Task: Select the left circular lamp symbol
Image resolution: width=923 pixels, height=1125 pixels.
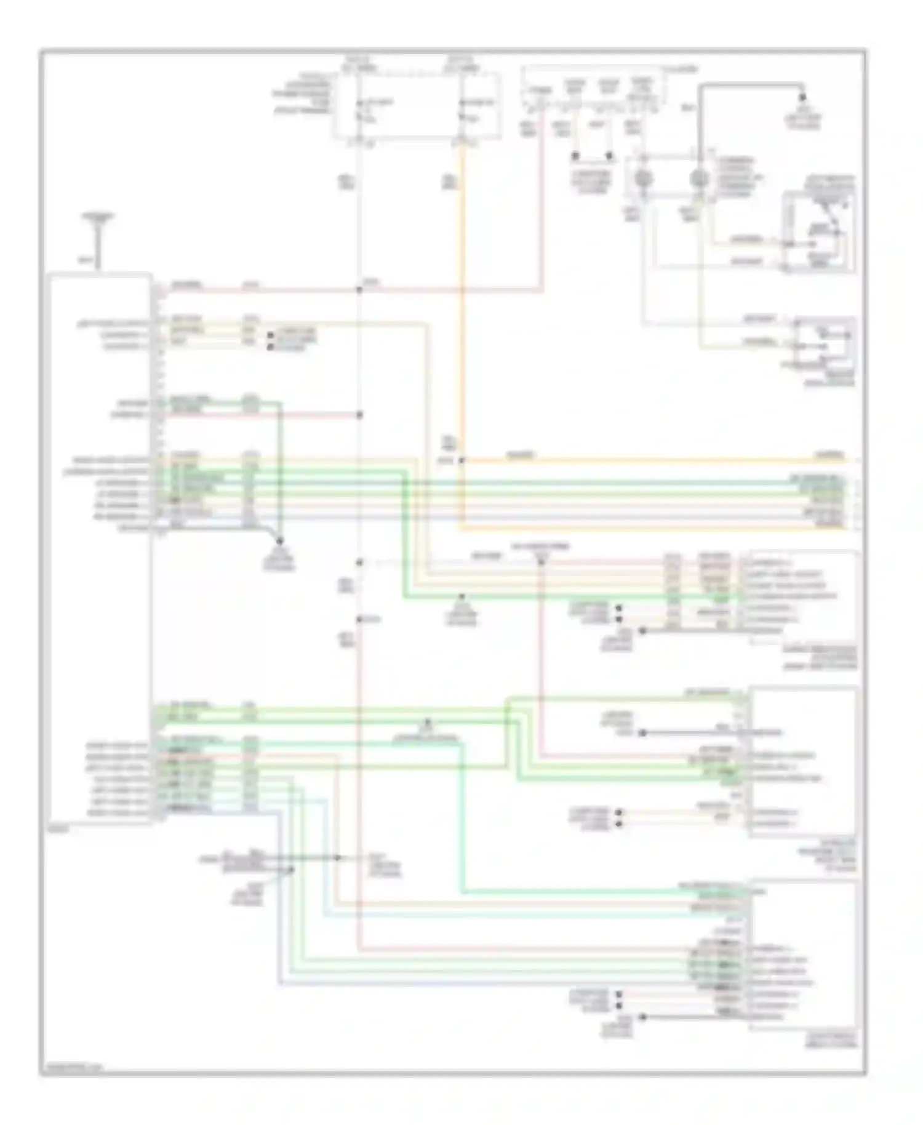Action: coord(644,179)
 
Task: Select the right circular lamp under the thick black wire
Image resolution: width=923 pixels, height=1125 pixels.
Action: coord(698,179)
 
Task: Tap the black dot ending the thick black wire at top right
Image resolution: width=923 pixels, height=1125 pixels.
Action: coord(802,97)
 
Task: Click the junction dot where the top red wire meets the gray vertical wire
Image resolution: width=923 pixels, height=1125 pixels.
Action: coord(359,289)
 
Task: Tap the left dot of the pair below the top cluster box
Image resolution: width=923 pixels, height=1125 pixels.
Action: coord(575,156)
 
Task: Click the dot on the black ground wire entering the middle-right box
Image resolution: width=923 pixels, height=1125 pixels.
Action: coord(642,733)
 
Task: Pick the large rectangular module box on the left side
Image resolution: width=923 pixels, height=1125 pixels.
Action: coord(100,548)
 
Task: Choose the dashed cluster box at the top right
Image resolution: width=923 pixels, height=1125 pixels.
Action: coord(593,86)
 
